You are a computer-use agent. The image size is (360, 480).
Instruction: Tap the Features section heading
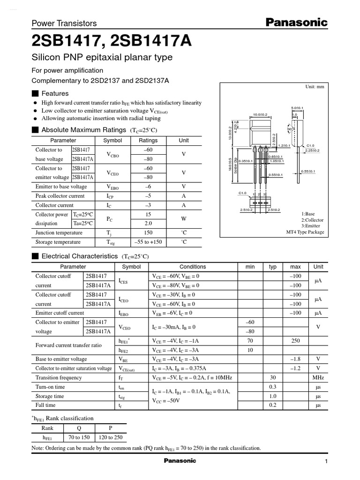tap(55, 93)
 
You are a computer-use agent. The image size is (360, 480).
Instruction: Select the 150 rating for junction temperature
tap(149, 233)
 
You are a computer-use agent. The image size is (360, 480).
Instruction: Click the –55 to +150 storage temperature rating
tap(149, 242)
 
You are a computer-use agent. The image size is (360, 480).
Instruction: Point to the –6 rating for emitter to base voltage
tap(149, 187)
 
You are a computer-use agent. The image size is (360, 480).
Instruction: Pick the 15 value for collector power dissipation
tap(149, 214)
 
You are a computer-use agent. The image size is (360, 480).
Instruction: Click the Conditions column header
tap(193, 267)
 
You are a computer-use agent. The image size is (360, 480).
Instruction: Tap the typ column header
tap(272, 267)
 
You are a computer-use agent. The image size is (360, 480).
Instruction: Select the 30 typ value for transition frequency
tap(272, 378)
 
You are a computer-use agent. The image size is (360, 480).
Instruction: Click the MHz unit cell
tap(318, 378)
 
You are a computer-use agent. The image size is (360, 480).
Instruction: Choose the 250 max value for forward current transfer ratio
tap(295, 341)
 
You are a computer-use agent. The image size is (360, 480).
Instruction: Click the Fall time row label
tap(45, 405)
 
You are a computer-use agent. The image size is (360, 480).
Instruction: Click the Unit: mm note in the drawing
tap(314, 87)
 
